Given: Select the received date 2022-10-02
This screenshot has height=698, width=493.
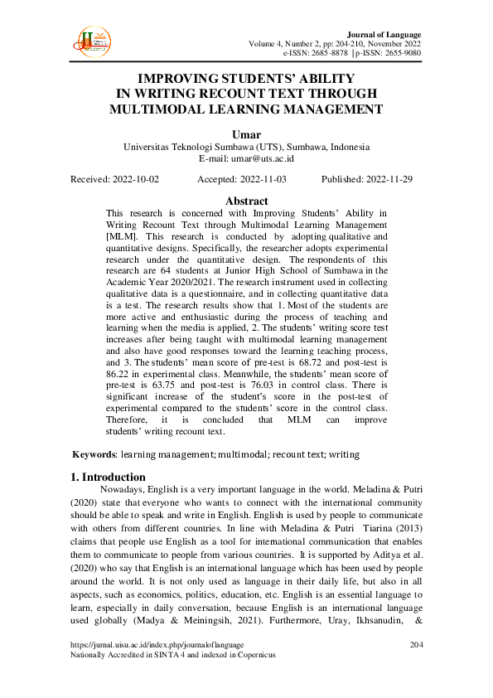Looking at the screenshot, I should [x=133, y=179].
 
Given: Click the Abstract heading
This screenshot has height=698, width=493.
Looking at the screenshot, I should [x=246, y=201].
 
